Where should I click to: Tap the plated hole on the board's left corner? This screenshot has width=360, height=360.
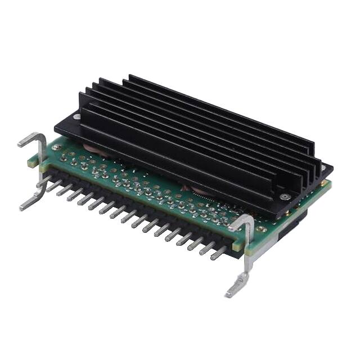57,147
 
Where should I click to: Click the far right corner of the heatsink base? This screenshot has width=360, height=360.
331,167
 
